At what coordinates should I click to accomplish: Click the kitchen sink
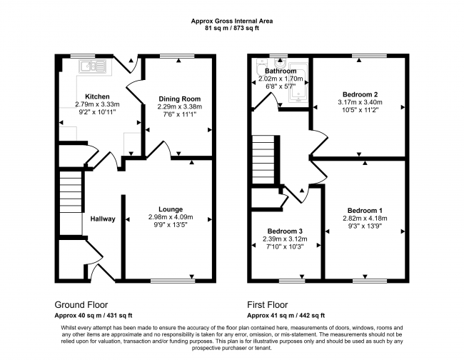pyautogui.click(x=94, y=68)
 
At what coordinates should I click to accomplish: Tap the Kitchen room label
pyautogui.click(x=97, y=96)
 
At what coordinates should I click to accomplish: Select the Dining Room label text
pyautogui.click(x=179, y=99)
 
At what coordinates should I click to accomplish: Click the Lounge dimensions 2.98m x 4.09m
pyautogui.click(x=171, y=217)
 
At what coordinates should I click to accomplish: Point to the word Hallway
pyautogui.click(x=103, y=219)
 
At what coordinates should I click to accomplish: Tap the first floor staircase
pyautogui.click(x=265, y=159)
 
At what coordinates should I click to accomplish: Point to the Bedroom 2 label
pyautogui.click(x=360, y=94)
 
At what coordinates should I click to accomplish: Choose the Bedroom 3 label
pyautogui.click(x=286, y=231)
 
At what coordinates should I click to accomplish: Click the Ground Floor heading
pyautogui.click(x=82, y=303)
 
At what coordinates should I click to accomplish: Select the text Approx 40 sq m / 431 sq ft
pyautogui.click(x=94, y=315)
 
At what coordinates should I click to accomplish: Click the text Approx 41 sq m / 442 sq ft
pyautogui.click(x=286, y=315)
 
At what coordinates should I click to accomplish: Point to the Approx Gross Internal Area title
pyautogui.click(x=231, y=21)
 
